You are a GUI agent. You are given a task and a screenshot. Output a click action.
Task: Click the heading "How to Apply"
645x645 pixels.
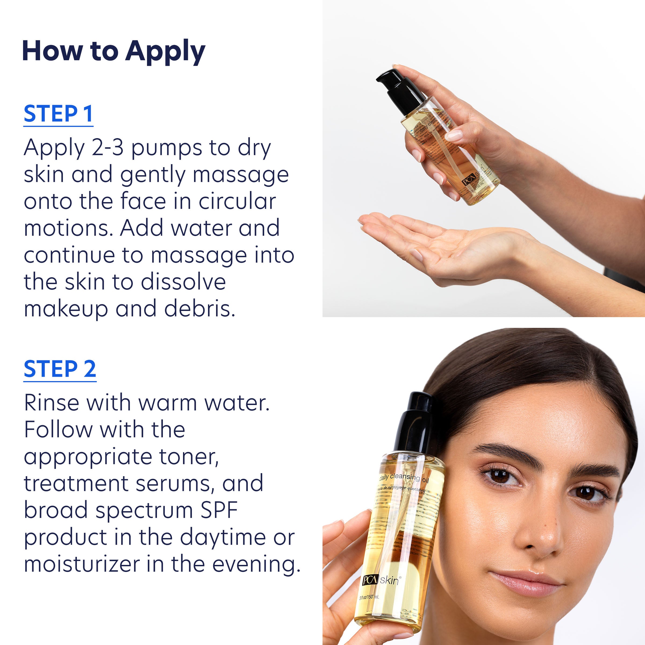coord(113,52)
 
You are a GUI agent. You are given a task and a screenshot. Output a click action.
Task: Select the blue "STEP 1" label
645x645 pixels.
coord(58,114)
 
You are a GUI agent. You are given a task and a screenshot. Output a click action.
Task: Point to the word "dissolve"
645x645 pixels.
coord(183,282)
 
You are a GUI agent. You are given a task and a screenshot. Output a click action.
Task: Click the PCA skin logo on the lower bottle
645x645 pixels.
coord(380,580)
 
